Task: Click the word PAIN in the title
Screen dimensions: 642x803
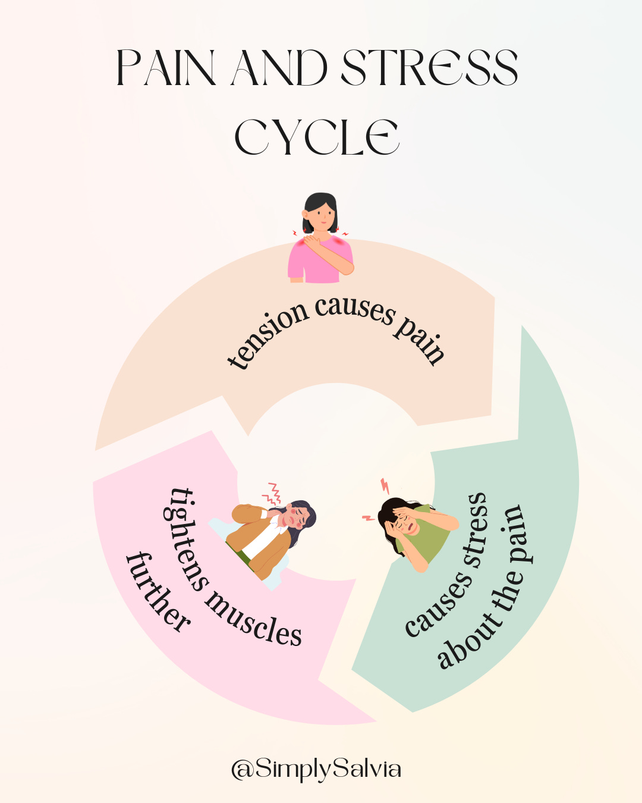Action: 165,67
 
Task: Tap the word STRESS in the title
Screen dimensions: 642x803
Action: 429,67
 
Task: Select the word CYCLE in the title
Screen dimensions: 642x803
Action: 317,137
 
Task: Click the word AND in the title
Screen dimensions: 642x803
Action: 279,67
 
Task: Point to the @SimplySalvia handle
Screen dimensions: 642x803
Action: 316,769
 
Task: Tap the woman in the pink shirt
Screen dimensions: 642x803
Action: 321,244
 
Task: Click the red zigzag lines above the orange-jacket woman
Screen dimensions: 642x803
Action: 273,493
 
